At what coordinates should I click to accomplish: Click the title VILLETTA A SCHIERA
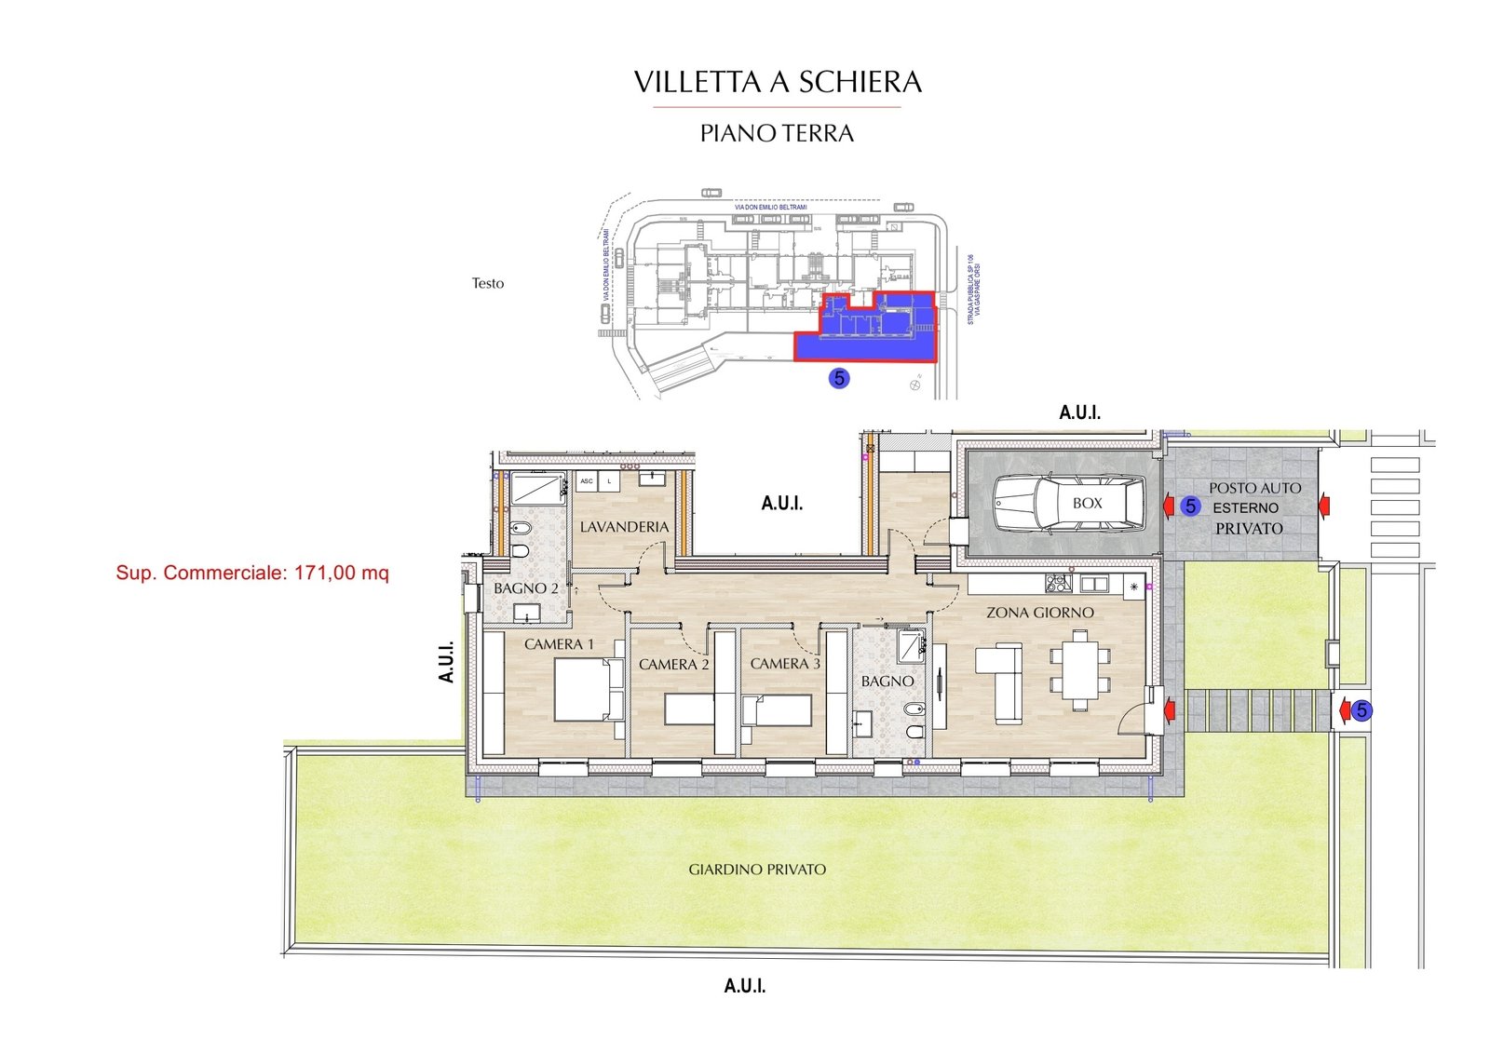[778, 82]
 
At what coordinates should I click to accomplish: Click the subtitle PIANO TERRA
[777, 133]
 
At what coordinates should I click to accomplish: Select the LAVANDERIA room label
[624, 527]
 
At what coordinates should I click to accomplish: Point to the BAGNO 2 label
[525, 588]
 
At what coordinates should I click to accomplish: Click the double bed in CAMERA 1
[588, 690]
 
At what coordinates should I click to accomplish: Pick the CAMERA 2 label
[673, 665]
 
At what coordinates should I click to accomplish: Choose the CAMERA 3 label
[785, 664]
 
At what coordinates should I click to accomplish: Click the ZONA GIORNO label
[1039, 613]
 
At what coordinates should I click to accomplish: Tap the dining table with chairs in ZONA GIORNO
[1080, 670]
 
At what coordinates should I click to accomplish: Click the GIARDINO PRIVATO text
[757, 870]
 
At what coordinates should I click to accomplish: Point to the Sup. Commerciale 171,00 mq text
[252, 573]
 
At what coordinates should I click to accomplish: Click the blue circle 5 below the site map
[839, 378]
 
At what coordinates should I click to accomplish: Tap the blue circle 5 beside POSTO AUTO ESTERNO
[1190, 506]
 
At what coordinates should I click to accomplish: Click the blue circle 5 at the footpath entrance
[1361, 711]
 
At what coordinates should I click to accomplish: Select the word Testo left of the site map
[487, 283]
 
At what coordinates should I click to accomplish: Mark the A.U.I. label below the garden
[744, 986]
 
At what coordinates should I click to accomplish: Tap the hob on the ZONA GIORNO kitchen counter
[1057, 584]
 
